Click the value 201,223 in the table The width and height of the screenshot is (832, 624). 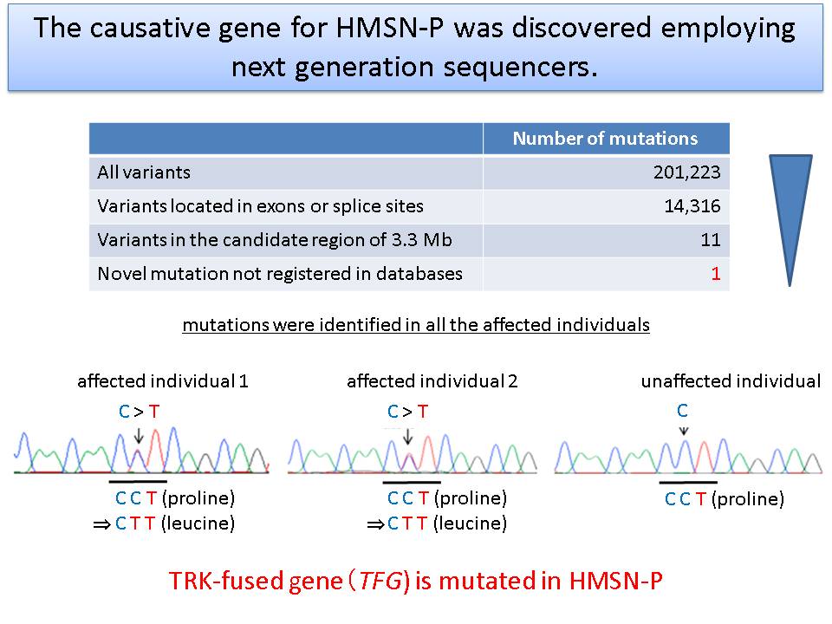tap(686, 172)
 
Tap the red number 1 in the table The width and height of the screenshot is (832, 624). tap(716, 274)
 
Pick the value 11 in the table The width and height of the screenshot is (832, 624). tap(711, 240)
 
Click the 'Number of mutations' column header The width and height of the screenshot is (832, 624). tap(605, 139)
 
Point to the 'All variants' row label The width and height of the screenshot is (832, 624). tap(144, 172)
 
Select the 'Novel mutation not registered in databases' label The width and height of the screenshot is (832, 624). tap(280, 274)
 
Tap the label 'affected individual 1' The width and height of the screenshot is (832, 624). tap(163, 381)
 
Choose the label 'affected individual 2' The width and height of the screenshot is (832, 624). tap(432, 381)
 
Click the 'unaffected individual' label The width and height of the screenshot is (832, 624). tap(731, 381)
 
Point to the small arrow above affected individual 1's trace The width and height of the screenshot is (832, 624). tap(139, 436)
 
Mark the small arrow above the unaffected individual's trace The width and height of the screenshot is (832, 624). tap(684, 431)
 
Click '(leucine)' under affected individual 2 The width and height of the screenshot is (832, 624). tap(470, 523)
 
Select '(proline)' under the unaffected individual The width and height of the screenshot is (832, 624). tap(748, 499)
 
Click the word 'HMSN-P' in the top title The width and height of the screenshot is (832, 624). tap(389, 29)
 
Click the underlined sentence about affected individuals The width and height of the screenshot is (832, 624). tap(416, 325)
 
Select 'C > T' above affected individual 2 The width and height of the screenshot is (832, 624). tap(407, 411)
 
